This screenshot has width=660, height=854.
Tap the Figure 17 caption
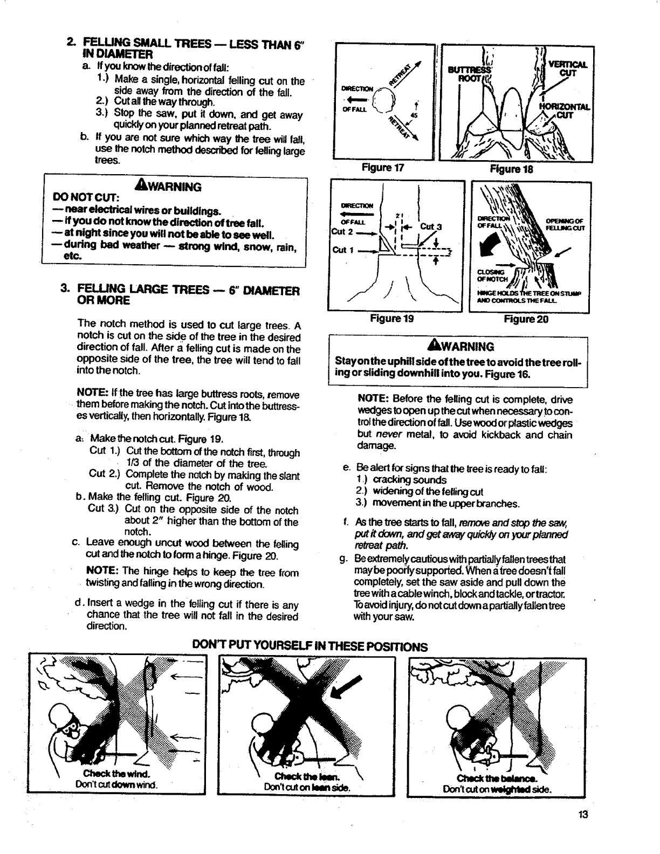(384, 168)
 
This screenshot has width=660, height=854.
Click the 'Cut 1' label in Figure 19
(340, 250)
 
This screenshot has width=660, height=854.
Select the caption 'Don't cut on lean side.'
(307, 787)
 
